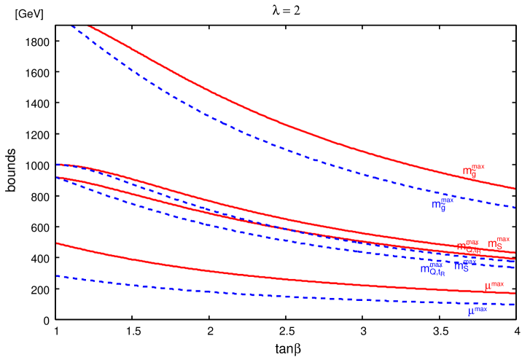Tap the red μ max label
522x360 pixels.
click(494, 286)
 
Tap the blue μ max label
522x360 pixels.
click(477, 311)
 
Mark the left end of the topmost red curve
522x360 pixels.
click(88, 26)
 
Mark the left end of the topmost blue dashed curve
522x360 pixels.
click(71, 26)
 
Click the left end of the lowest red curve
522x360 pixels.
click(57, 243)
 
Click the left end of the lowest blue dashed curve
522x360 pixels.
click(57, 276)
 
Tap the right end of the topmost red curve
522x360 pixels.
click(515, 189)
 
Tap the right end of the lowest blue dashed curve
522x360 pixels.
click(515, 305)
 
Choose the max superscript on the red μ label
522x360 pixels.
click(497, 283)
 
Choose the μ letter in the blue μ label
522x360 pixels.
click(471, 313)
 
